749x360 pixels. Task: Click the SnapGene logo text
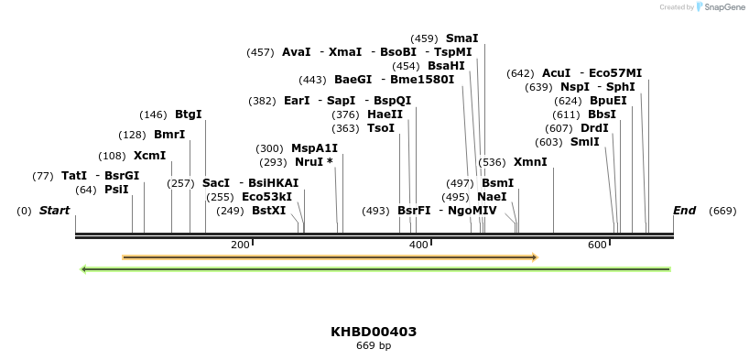(723, 7)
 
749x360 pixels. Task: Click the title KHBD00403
(374, 332)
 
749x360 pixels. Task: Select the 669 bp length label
(374, 346)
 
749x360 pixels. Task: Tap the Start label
(54, 211)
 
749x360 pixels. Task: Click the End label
(684, 211)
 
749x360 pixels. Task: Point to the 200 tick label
(240, 245)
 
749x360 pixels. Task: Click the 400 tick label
(418, 245)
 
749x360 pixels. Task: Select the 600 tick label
(597, 245)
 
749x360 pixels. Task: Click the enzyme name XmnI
(530, 162)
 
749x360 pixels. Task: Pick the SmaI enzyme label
(461, 38)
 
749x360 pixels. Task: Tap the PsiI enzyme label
(116, 190)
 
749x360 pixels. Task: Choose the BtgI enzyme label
(188, 115)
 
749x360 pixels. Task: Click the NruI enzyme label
(309, 162)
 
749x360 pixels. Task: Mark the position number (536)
(492, 162)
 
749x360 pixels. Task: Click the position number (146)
(153, 115)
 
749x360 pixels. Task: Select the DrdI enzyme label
(594, 128)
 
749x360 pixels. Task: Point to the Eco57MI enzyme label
(615, 73)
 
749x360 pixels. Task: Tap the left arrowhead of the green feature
(83, 269)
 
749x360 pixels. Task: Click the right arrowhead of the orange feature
(534, 257)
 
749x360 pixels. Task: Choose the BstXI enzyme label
(268, 211)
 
